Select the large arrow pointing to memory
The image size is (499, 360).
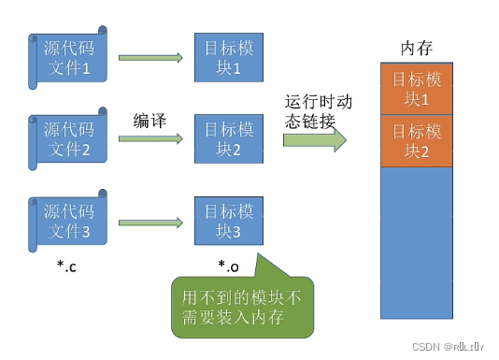pyautogui.click(x=315, y=140)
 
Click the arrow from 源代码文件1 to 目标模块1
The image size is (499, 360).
pyautogui.click(x=150, y=58)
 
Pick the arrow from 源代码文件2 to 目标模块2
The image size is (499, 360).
pyautogui.click(x=150, y=139)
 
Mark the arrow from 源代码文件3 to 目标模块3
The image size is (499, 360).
pyautogui.click(x=150, y=222)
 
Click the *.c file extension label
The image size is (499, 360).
pyautogui.click(x=66, y=267)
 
